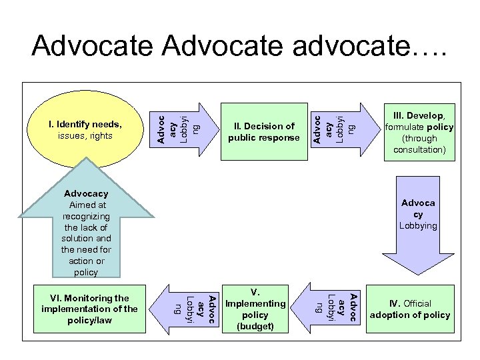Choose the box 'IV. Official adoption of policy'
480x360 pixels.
(x=410, y=309)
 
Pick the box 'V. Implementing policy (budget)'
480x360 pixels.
(x=255, y=309)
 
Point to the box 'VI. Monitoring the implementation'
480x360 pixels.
(x=89, y=309)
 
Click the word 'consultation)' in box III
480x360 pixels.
(x=419, y=150)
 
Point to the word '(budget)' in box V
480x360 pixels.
(x=255, y=326)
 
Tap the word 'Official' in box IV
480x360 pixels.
(x=417, y=304)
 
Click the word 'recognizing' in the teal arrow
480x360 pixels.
(x=87, y=217)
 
